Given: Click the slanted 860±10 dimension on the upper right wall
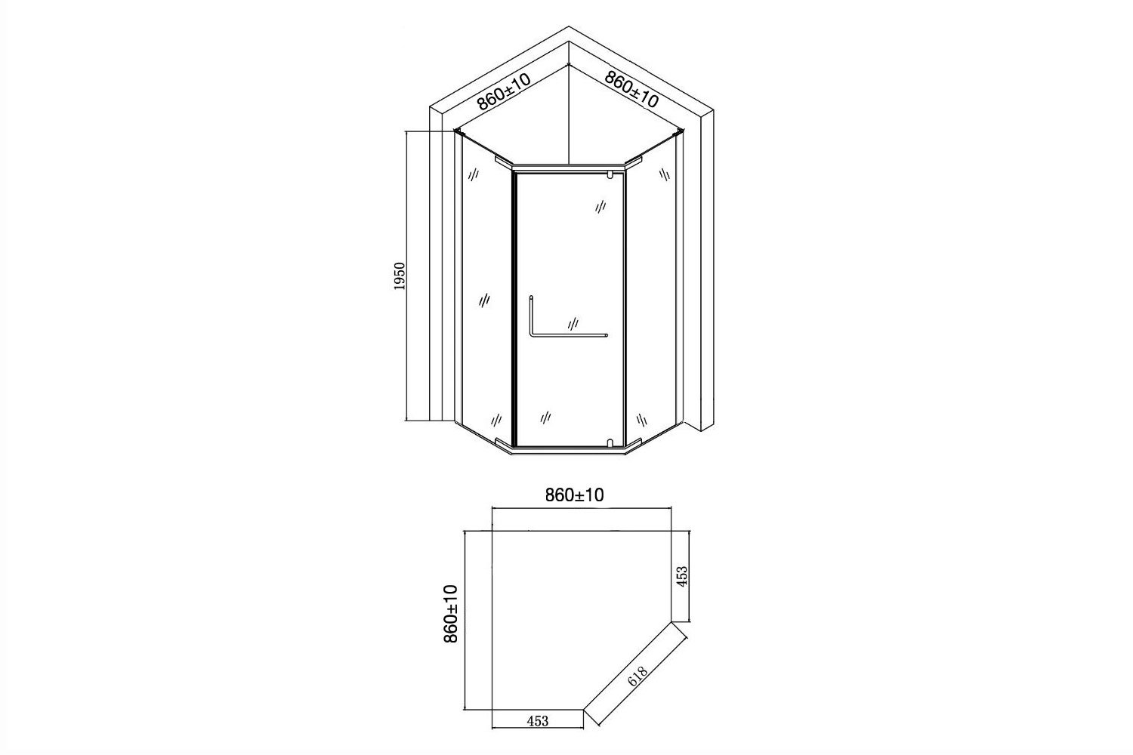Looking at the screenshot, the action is tap(631, 90).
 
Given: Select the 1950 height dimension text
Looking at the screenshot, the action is tap(400, 276).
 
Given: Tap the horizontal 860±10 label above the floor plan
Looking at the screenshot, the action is tap(575, 495).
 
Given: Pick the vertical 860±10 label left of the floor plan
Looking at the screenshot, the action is tap(451, 614).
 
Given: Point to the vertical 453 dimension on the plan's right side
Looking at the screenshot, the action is tap(682, 576).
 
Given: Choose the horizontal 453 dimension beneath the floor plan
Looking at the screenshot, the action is tap(537, 720).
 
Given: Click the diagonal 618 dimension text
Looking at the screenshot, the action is tap(638, 676).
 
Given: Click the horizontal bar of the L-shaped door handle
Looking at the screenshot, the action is tap(569, 334).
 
